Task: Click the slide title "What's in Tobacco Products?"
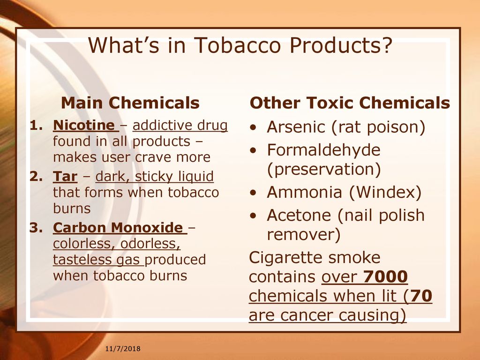240,45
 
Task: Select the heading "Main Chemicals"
130,103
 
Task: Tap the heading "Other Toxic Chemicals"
350,103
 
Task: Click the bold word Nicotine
84,125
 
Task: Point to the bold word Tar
65,176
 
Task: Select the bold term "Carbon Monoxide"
118,227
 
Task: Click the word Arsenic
296,127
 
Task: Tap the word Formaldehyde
323,150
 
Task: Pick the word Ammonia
304,192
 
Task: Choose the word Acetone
299,215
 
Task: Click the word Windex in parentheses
385,192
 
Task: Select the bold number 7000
385,277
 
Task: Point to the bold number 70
421,296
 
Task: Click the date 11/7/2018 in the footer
123,349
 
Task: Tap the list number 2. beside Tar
36,176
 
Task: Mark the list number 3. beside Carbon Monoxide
36,227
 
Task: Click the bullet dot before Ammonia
253,193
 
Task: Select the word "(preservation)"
324,169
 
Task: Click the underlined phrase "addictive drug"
180,125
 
